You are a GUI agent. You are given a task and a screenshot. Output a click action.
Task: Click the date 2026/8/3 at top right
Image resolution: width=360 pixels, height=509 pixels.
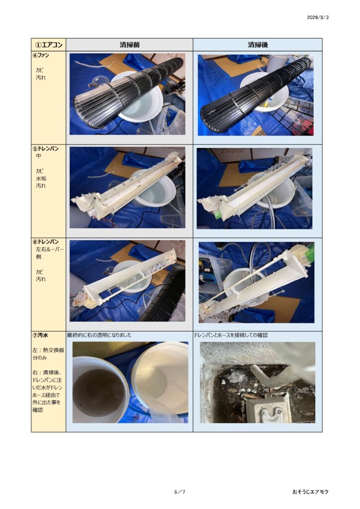[318, 17]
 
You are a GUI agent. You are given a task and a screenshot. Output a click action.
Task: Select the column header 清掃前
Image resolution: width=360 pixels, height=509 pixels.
[129, 45]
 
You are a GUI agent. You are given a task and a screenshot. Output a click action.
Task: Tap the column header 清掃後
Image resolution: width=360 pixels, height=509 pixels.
[258, 45]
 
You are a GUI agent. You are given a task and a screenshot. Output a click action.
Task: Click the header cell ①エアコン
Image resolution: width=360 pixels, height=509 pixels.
[49, 45]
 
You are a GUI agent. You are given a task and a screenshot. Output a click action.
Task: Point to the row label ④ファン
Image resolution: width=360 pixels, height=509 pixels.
[41, 55]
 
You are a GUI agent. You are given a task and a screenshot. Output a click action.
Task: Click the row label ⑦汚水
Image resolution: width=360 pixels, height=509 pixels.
[40, 335]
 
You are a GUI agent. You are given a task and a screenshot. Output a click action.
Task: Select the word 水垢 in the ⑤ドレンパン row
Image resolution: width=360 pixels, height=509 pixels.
[41, 178]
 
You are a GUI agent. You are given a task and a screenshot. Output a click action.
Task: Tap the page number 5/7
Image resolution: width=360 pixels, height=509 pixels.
[180, 492]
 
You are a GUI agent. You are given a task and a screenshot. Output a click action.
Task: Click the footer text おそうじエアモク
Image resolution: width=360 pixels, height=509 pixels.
[310, 492]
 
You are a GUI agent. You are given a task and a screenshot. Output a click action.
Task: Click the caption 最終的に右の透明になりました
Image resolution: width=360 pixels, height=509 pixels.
[99, 335]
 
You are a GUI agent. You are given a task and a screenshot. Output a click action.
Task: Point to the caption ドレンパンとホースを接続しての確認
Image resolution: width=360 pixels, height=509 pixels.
[231, 335]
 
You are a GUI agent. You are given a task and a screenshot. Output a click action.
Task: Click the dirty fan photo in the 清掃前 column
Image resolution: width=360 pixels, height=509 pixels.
[127, 94]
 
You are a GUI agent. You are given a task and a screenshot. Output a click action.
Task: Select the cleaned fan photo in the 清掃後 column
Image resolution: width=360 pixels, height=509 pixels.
[256, 95]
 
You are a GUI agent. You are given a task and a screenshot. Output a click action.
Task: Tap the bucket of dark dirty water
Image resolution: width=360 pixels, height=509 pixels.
[99, 390]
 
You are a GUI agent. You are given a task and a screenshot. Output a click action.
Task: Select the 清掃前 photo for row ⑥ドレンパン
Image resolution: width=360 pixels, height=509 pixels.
[127, 281]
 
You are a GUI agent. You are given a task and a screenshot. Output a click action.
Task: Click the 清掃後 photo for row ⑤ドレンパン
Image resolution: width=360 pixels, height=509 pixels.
[255, 188]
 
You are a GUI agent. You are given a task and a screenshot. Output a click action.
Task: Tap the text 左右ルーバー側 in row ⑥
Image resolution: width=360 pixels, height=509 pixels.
[50, 253]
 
